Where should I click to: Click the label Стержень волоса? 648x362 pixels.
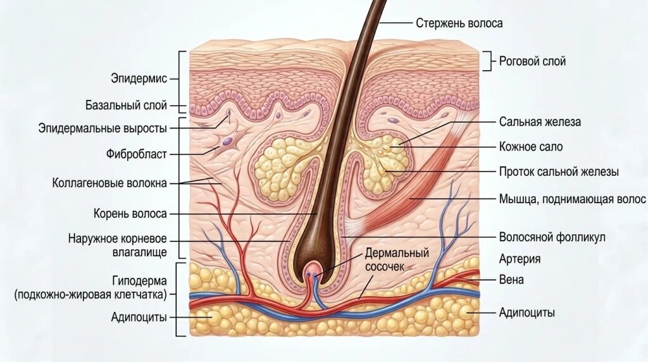[x=459, y=23]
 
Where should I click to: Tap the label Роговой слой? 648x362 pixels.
[x=532, y=61]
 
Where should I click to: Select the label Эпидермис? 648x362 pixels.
[x=139, y=78]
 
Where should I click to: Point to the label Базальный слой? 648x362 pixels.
[x=127, y=105]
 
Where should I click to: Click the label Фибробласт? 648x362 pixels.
[x=137, y=154]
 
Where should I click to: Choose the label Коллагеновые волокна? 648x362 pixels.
[x=109, y=183]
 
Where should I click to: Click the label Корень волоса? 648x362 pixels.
[x=130, y=214]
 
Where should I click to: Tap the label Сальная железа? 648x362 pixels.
[x=540, y=122]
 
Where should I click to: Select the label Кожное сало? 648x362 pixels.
[x=531, y=147]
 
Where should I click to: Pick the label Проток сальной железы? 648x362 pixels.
[x=559, y=172]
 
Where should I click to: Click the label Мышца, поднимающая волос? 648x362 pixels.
[x=572, y=199]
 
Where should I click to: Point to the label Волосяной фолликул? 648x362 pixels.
[x=552, y=237]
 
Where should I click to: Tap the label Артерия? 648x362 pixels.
[x=520, y=259]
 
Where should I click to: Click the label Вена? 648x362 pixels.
[x=511, y=280]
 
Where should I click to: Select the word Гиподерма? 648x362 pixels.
[x=139, y=281]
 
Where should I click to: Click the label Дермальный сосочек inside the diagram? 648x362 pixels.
[x=397, y=259]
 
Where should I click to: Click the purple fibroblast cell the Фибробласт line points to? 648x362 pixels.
[x=227, y=141]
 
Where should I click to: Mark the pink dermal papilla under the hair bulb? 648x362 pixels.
[x=313, y=273]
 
